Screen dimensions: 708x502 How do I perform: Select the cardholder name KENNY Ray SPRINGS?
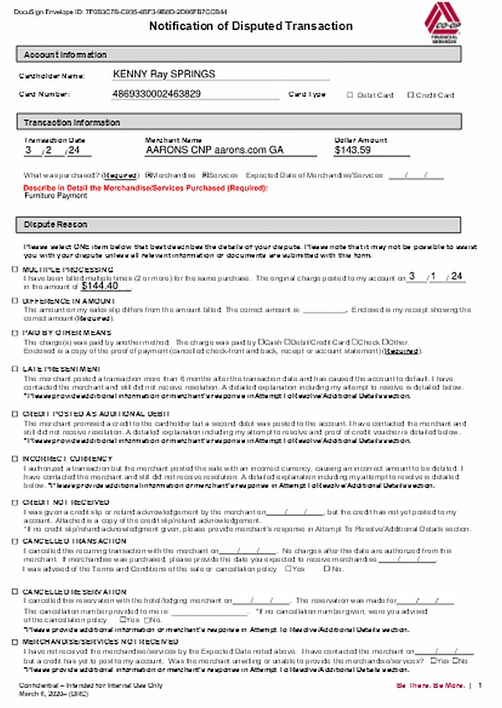pos(163,74)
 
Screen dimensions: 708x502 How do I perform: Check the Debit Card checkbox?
pos(351,95)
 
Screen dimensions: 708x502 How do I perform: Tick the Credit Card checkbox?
pos(410,95)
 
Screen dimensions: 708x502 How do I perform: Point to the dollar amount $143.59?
pos(352,150)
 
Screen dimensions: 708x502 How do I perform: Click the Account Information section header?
pos(65,54)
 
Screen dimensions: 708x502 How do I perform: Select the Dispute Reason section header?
pos(55,225)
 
